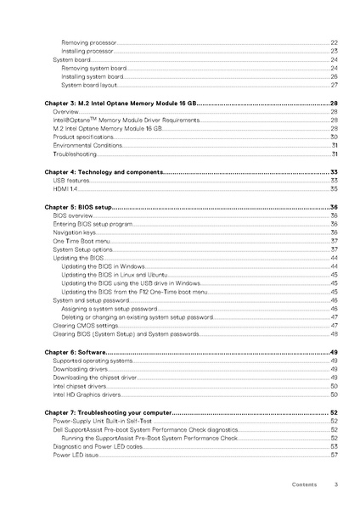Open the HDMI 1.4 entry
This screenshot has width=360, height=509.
click(65, 189)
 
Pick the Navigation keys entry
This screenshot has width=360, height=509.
click(75, 232)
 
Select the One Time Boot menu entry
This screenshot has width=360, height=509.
click(82, 241)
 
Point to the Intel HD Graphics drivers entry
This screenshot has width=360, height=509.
click(87, 394)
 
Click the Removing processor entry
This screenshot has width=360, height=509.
click(88, 42)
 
